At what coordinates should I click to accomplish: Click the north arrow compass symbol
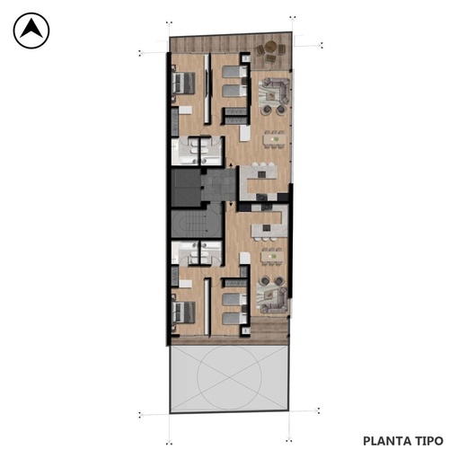coord(31,31)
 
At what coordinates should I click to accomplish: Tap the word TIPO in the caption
coord(428,441)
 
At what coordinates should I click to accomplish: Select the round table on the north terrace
coord(271,46)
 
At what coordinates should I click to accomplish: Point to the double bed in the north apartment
coord(183,83)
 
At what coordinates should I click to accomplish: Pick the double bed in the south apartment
coord(183,313)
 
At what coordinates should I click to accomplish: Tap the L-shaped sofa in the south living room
coord(273,300)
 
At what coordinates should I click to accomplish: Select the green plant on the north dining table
coord(276,139)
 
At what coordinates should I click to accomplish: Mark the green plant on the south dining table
coord(273,256)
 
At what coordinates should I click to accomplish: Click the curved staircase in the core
coord(196,224)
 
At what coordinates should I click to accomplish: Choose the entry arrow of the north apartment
coord(231,165)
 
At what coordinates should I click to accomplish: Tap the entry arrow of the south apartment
coord(231,204)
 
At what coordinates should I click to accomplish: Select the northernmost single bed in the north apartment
coord(234,72)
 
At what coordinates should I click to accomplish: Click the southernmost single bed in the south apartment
coord(235,319)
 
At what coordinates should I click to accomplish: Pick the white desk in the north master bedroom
coord(185,110)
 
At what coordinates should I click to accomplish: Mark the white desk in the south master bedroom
coord(185,284)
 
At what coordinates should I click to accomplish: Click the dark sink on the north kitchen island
coord(261,174)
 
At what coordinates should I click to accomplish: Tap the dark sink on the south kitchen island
coord(266,228)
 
